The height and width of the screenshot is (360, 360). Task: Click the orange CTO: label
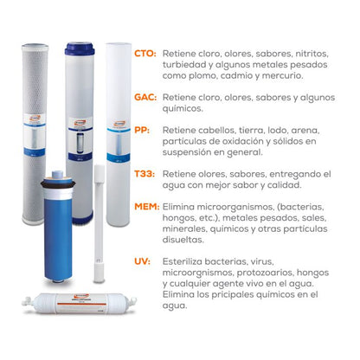(x=145, y=54)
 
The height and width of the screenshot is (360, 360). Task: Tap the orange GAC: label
(x=145, y=97)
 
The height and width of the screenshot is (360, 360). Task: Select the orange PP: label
(x=142, y=130)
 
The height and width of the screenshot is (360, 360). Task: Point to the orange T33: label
(x=145, y=174)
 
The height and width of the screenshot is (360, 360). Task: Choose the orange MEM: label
(x=147, y=207)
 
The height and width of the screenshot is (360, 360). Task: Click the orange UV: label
(x=142, y=261)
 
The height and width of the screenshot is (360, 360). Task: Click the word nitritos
(x=312, y=54)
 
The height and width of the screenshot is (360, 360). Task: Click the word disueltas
(x=183, y=240)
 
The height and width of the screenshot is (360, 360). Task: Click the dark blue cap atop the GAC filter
(x=80, y=48)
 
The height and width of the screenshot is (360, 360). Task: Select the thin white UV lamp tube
(x=99, y=223)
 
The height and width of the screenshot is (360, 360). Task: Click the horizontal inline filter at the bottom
(x=80, y=303)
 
